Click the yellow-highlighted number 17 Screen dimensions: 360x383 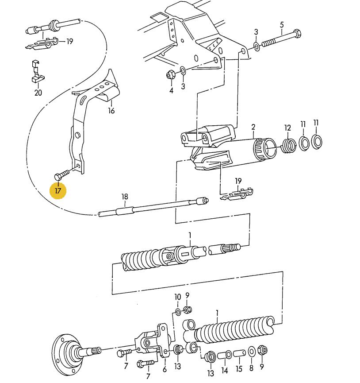click(x=58, y=190)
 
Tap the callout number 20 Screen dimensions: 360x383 click(x=38, y=93)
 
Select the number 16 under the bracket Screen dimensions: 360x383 click(x=111, y=111)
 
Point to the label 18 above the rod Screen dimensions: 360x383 click(x=124, y=197)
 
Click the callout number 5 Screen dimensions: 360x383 click(x=282, y=25)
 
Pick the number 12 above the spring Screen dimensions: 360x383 click(x=287, y=128)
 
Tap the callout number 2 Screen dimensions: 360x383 click(x=253, y=127)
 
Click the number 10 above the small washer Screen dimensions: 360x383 click(x=177, y=297)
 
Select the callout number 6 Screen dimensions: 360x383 click(x=165, y=369)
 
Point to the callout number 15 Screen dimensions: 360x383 click(x=239, y=368)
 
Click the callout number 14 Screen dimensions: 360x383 click(x=224, y=370)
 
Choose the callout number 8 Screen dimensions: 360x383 click(x=251, y=368)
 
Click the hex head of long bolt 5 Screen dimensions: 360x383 click(x=297, y=33)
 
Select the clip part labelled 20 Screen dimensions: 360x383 click(x=37, y=71)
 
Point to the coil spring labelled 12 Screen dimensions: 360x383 click(x=289, y=145)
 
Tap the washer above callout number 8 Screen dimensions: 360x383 click(x=251, y=352)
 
